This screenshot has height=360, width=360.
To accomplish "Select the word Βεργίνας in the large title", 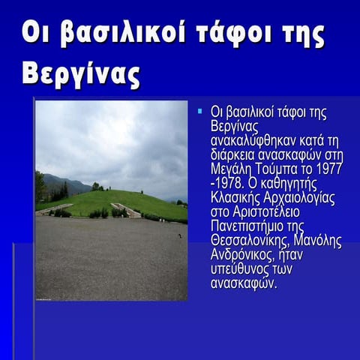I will [x=81, y=74].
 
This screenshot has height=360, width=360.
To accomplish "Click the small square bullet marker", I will [x=200, y=112].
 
